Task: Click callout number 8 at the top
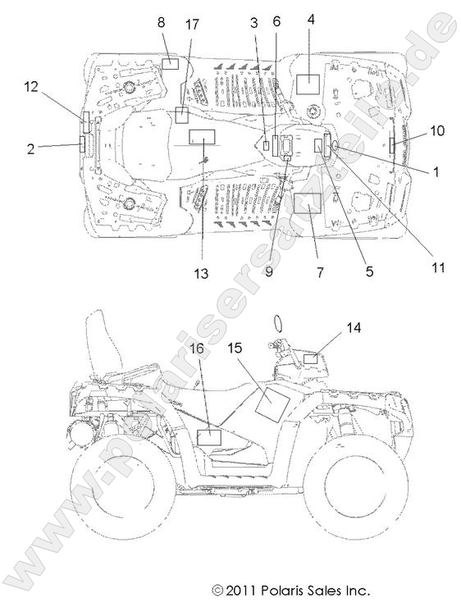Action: (161, 22)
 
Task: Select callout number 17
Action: (191, 25)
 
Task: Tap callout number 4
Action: (311, 20)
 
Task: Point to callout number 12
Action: (31, 87)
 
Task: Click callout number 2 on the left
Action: (31, 148)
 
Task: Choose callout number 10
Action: (437, 130)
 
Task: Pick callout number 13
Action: (201, 274)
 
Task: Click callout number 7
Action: (320, 272)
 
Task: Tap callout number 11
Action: (438, 267)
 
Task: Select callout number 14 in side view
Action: (354, 328)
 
